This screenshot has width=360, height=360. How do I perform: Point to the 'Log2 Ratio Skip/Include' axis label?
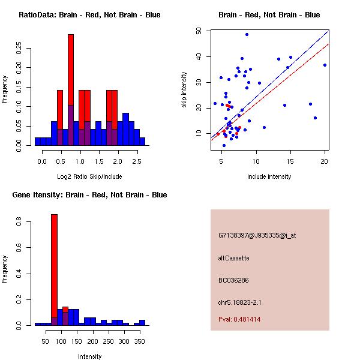pyautogui.click(x=89, y=176)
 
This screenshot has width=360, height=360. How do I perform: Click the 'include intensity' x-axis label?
pyautogui.click(x=269, y=176)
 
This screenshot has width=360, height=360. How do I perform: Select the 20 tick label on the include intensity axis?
pyautogui.click(x=325, y=161)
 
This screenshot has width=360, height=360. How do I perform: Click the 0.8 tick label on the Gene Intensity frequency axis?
pyautogui.click(x=19, y=223)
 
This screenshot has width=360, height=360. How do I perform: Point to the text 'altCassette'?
pyautogui.click(x=233, y=258)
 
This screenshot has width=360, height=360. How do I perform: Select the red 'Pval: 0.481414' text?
pyautogui.click(x=239, y=319)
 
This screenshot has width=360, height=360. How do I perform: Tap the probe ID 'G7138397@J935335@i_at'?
pyautogui.click(x=257, y=235)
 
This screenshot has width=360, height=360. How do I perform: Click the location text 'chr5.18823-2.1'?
pyautogui.click(x=239, y=302)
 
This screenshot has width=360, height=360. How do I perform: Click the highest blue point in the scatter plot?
pyautogui.click(x=247, y=35)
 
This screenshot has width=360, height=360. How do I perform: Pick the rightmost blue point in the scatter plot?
pyautogui.click(x=325, y=65)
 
